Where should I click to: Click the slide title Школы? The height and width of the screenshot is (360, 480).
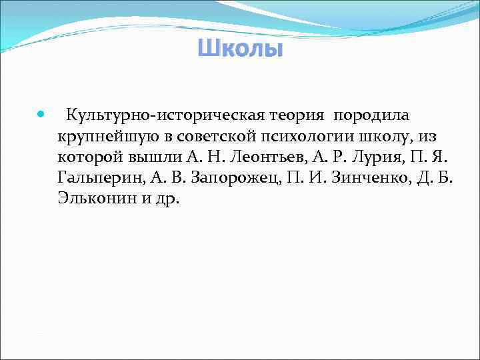240,49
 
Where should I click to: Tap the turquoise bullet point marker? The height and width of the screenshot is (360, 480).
42,115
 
